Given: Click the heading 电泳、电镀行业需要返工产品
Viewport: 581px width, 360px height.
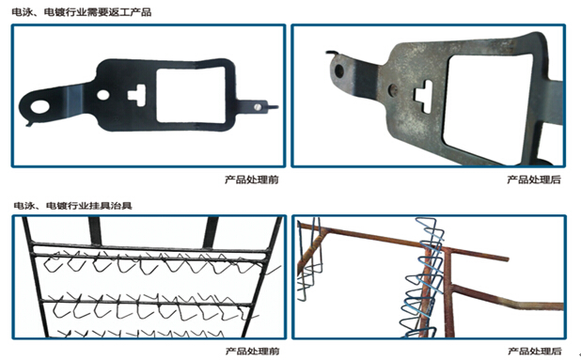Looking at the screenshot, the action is click(x=81, y=12).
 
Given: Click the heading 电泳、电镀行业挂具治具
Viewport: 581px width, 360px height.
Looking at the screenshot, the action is click(x=72, y=205).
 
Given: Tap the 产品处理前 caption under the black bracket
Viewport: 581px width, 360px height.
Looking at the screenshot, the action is click(x=252, y=180).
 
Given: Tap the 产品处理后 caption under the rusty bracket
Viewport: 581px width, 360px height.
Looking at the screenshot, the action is click(x=534, y=180).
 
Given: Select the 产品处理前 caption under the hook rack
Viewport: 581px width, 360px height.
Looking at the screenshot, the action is click(x=252, y=351).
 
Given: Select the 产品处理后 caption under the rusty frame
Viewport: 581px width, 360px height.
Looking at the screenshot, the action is click(x=535, y=351).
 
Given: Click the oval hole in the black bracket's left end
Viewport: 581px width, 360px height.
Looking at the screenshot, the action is click(x=39, y=106).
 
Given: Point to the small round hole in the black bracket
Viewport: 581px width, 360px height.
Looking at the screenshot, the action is click(x=103, y=95).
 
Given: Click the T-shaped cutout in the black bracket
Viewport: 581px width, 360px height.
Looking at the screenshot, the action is click(x=136, y=95).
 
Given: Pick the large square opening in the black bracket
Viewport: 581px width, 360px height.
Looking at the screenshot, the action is click(x=191, y=96).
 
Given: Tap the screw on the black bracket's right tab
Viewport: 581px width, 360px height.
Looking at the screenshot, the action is click(x=258, y=107).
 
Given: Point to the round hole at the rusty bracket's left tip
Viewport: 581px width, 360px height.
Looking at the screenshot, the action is click(x=338, y=70).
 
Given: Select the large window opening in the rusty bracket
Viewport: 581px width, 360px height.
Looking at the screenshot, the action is click(x=488, y=107).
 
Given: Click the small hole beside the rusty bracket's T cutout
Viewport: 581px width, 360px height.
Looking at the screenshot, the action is click(x=393, y=88).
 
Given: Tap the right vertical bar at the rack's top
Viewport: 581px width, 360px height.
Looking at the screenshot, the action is click(x=211, y=232).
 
